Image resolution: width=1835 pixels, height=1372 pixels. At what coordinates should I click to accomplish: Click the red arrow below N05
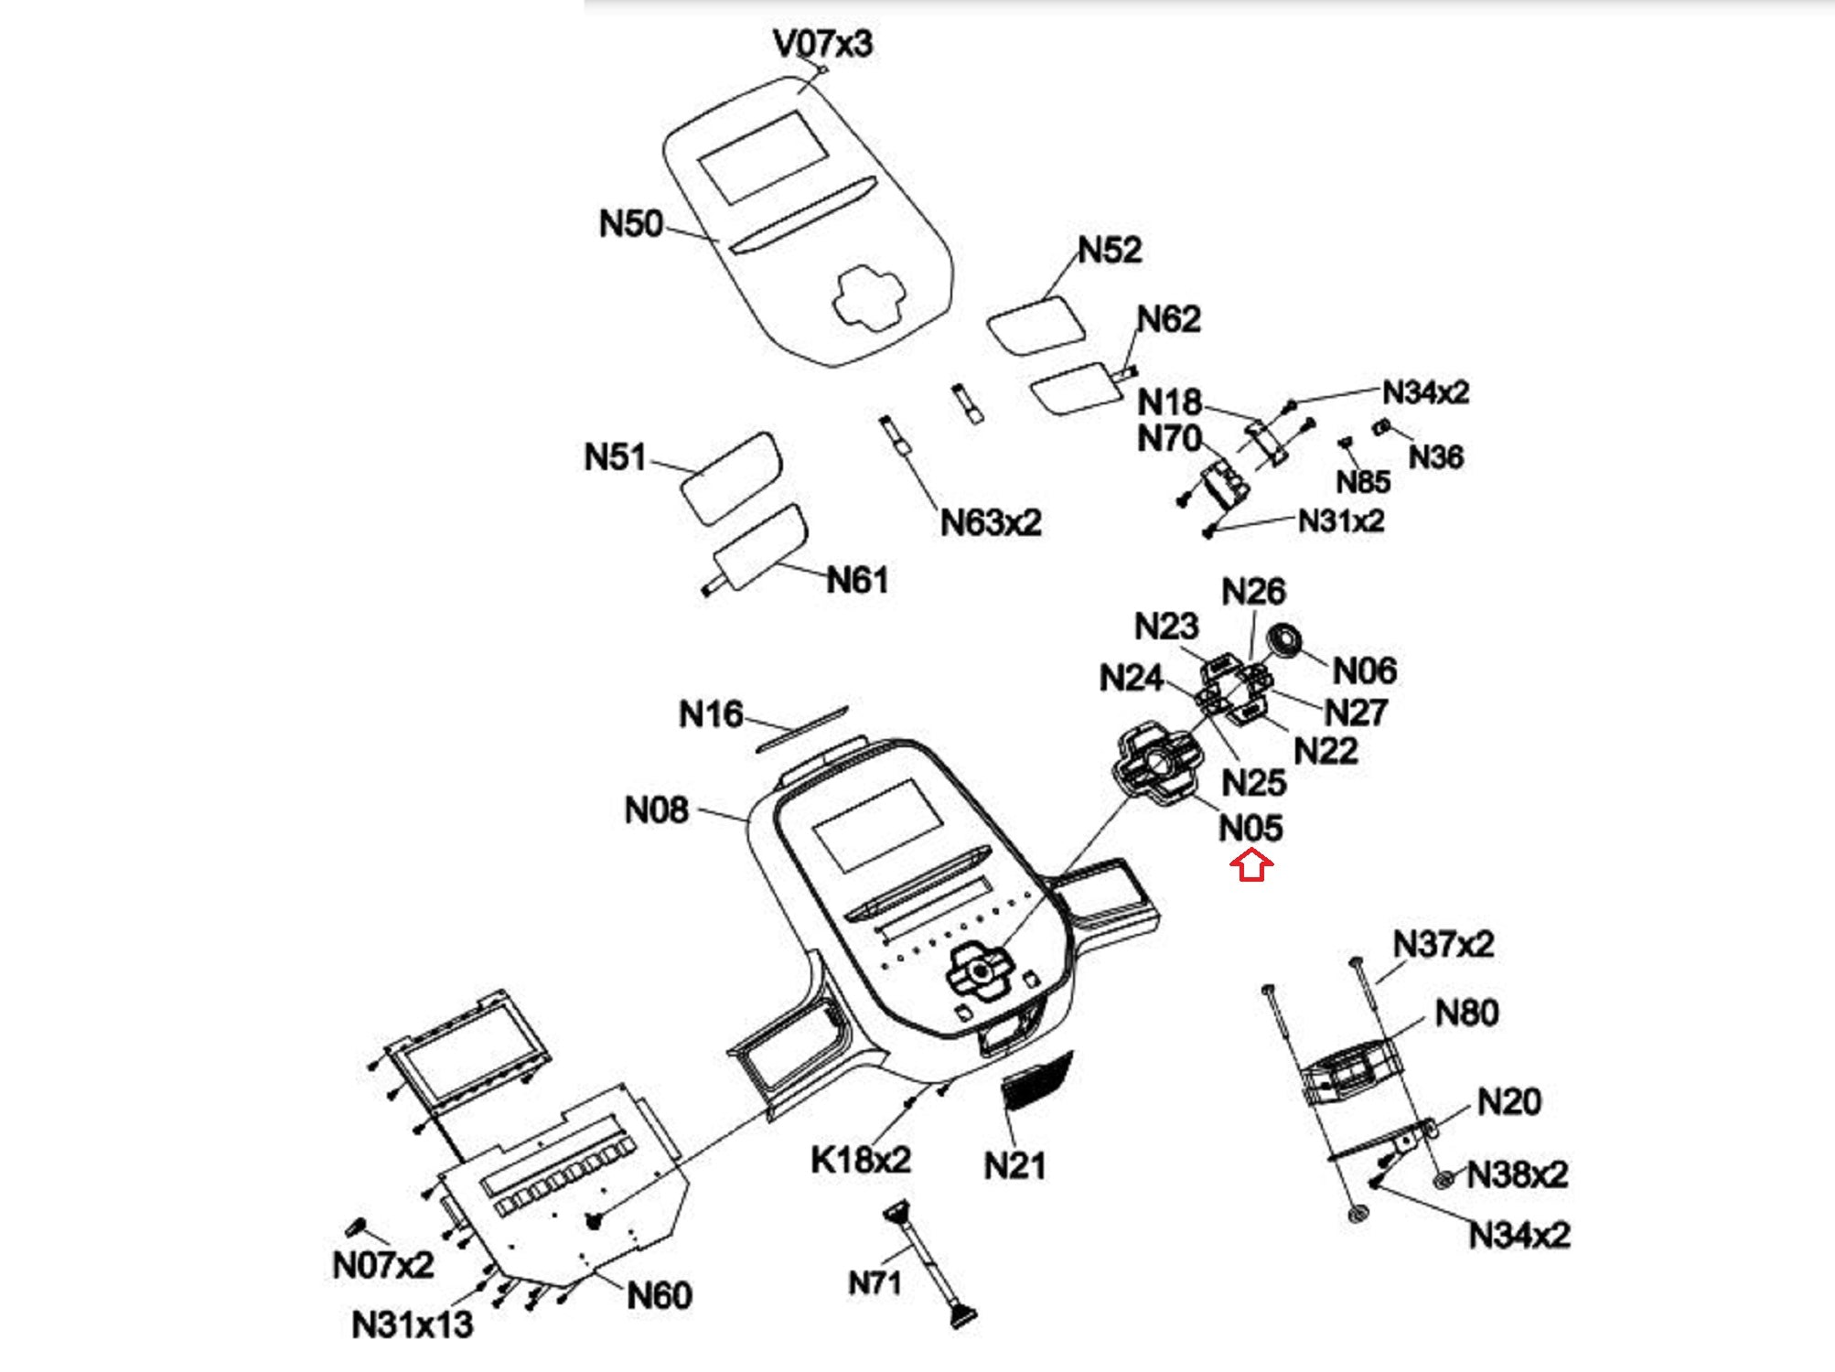tap(1251, 864)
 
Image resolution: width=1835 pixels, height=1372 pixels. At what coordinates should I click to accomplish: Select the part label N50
tap(630, 224)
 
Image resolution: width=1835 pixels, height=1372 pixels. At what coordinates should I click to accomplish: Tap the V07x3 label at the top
tap(822, 43)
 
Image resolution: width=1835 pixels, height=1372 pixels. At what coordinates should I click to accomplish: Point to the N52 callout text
tap(1110, 251)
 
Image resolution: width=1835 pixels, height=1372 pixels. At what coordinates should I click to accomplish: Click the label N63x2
tap(991, 523)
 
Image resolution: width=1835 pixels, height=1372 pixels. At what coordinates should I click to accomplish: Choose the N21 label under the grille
tap(1014, 1166)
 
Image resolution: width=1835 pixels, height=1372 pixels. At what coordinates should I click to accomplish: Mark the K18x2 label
tap(861, 1160)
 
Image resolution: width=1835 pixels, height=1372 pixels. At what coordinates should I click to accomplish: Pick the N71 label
tap(875, 1283)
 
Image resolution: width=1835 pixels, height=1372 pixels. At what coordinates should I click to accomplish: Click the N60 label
tap(659, 1295)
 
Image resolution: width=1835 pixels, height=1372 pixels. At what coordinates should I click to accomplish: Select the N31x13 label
tap(412, 1324)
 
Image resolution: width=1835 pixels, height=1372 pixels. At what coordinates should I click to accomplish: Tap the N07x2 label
tap(382, 1266)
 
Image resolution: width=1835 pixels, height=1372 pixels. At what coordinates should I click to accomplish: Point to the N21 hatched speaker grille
tap(1037, 1080)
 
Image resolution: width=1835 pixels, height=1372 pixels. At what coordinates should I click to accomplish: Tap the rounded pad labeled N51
tap(731, 477)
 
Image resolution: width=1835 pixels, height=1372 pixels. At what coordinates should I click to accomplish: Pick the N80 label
tap(1466, 1013)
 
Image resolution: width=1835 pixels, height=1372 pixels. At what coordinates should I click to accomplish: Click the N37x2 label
tap(1443, 944)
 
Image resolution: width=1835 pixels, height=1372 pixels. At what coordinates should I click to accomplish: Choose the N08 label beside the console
tap(656, 810)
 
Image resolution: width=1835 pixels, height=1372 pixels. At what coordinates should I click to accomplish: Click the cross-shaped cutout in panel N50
tap(868, 298)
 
